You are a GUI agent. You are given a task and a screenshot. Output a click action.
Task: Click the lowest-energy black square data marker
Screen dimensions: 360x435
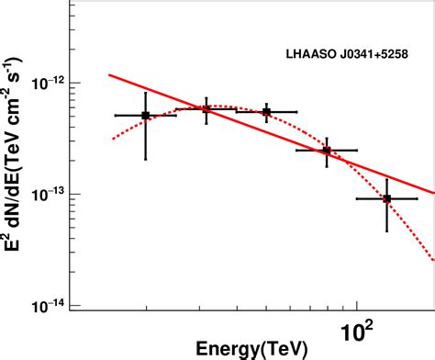[145, 116]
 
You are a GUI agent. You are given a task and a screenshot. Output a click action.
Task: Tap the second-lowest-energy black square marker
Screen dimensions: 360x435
[206, 109]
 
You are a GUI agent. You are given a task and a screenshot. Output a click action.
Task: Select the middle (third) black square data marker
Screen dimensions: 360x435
[266, 112]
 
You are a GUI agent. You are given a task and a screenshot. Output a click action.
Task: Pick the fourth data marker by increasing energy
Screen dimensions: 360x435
[327, 150]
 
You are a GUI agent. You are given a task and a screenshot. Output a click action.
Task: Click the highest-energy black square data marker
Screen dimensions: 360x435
[387, 198]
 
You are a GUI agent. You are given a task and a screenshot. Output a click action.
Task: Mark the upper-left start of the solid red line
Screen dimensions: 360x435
[109, 74]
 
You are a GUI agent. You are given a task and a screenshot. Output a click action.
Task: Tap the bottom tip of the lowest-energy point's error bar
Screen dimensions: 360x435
[145, 160]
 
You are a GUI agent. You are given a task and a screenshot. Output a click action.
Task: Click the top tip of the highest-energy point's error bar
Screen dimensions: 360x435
[387, 178]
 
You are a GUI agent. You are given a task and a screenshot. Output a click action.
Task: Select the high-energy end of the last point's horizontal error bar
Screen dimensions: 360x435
[418, 198]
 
